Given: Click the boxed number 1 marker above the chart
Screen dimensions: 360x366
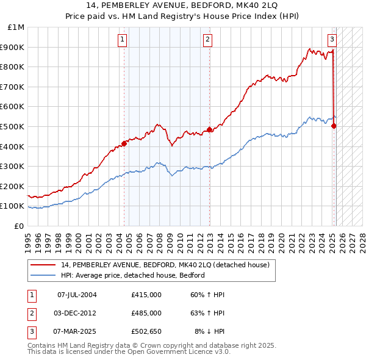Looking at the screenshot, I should click(123, 40).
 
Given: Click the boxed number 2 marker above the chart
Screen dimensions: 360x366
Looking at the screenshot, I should click(207, 40).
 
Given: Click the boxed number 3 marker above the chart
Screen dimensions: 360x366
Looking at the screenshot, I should click(332, 40).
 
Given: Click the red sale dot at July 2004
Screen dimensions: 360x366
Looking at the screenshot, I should click(124, 143).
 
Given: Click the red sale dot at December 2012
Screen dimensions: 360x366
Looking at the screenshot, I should click(209, 129).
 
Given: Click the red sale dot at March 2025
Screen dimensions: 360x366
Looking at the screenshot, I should click(334, 126).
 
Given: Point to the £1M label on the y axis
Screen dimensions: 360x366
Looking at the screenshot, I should click(17, 27).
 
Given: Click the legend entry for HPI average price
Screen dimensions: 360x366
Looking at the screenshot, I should click(132, 275).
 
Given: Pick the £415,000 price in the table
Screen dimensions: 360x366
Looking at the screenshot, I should click(146, 295).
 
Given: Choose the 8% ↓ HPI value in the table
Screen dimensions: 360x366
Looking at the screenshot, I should click(209, 331).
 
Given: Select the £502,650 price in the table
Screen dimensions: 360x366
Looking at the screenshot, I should click(146, 331).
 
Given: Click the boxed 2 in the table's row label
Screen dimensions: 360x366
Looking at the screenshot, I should click(31, 313).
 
